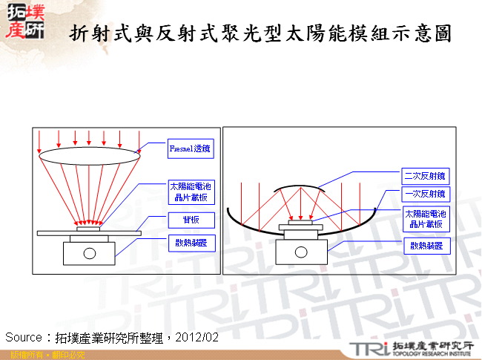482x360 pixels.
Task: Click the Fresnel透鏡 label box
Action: pos(191,149)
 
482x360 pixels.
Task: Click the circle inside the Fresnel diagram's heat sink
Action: pos(90,253)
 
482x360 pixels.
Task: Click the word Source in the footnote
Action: pos(23,337)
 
